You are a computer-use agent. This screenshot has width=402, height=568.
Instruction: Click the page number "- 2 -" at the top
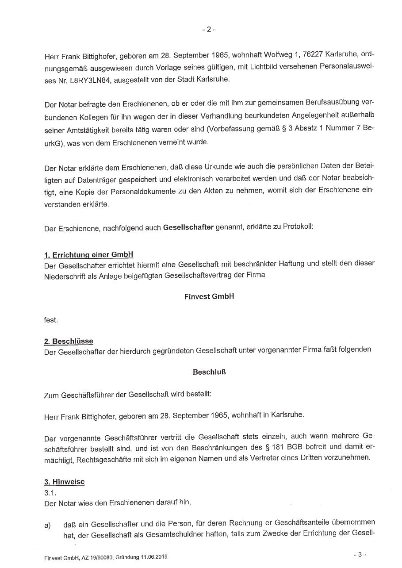tap(208, 30)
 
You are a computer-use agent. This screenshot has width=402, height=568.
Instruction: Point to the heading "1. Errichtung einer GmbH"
tap(88, 255)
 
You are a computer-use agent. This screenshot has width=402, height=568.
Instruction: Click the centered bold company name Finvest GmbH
tap(209, 296)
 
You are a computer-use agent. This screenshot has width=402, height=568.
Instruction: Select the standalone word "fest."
tap(51, 319)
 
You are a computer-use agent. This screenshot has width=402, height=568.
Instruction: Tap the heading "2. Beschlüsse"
tap(69, 342)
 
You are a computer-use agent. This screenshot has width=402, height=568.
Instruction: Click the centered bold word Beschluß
tap(209, 372)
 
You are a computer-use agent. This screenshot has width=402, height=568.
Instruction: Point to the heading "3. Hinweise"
tap(64, 482)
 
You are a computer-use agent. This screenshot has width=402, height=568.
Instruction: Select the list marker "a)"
tap(47, 525)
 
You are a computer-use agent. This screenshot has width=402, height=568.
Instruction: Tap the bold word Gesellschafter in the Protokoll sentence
tap(188, 228)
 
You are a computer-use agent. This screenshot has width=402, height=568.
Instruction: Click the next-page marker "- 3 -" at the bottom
tap(360, 554)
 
